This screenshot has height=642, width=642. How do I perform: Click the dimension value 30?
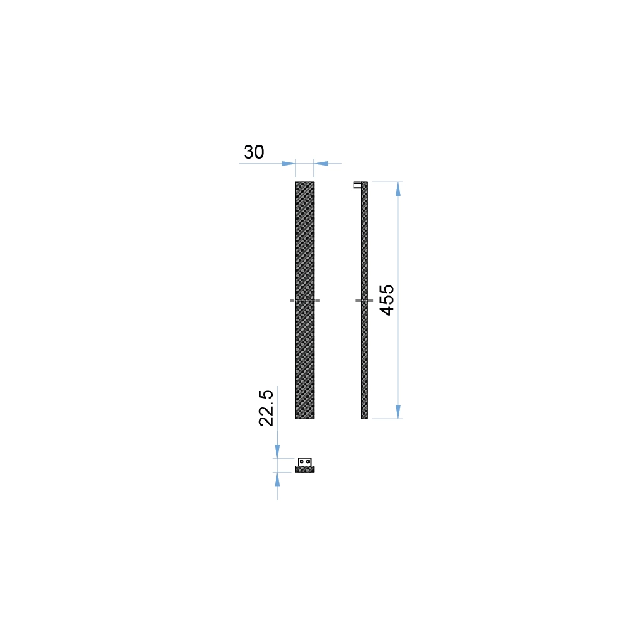[254, 152]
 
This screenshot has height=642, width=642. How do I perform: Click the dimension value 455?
[387, 300]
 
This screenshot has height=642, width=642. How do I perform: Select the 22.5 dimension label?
[266, 408]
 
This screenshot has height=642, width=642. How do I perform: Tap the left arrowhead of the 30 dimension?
[288, 164]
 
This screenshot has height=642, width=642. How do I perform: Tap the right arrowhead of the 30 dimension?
[321, 164]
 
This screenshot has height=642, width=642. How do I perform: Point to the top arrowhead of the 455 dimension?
[398, 189]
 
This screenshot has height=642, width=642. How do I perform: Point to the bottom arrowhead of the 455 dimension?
[398, 411]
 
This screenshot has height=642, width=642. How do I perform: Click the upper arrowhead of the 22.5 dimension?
[277, 451]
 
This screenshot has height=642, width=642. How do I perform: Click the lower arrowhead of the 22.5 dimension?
[277, 480]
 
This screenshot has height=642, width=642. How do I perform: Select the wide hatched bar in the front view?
[305, 300]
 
